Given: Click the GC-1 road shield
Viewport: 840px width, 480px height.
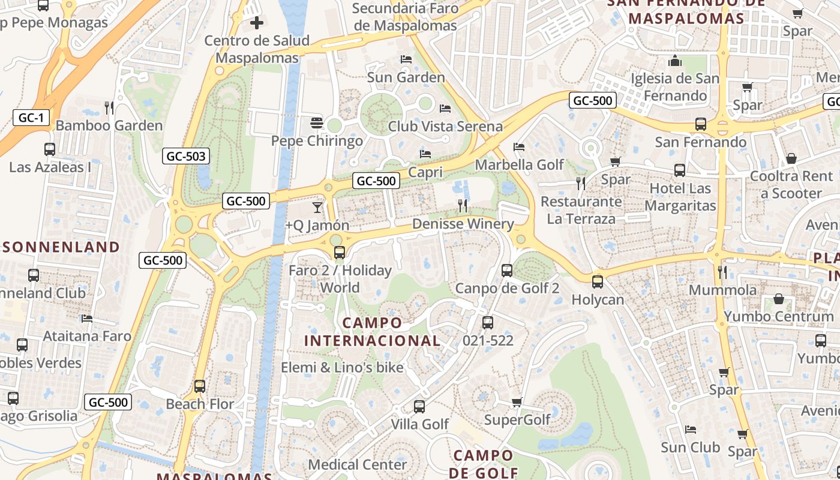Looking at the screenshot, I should (x=31, y=118).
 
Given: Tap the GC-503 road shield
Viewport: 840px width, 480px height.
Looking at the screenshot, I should (x=186, y=157).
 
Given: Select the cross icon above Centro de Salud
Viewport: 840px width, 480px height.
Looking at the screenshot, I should (x=257, y=23).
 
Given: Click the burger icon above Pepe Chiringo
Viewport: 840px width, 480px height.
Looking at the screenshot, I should (x=317, y=124).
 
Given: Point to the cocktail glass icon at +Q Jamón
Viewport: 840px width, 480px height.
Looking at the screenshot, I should (x=317, y=208).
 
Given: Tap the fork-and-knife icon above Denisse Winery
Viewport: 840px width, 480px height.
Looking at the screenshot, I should (x=463, y=206).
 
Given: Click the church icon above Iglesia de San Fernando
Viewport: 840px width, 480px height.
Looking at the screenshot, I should (x=675, y=61).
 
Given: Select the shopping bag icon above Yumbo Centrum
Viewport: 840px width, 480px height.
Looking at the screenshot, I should (x=779, y=299).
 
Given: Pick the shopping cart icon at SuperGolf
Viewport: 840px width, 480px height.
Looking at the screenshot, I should (x=517, y=402).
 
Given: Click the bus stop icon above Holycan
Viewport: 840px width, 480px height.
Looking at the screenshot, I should (x=598, y=282).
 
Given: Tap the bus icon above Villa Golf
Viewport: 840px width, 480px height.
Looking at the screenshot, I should (x=419, y=407).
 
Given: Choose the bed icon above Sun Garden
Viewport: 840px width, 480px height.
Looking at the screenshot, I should (x=406, y=59).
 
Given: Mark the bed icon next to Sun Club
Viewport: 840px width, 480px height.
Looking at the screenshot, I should (x=691, y=430).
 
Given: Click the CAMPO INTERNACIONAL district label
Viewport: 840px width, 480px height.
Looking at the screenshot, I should (x=372, y=332).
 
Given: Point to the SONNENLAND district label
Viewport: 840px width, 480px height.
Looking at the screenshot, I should (x=62, y=247).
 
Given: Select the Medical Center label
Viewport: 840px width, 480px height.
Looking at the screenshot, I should (x=358, y=464).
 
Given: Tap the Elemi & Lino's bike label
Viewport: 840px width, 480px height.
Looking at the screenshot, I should (x=342, y=367).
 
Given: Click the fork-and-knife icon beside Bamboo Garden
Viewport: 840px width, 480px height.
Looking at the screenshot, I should (x=109, y=108).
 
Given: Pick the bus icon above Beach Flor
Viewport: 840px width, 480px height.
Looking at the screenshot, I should (x=200, y=386).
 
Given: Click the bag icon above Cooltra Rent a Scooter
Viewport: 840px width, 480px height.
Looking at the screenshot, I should (x=791, y=159).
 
